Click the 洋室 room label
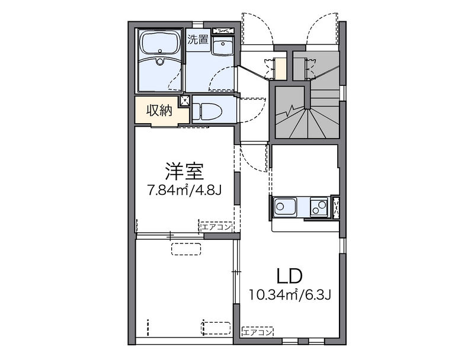point(184,171)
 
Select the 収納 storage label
point(160,110)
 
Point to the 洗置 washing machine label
point(198,40)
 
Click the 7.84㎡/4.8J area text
point(184,191)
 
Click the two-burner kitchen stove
point(320,207)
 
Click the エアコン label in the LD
point(258,332)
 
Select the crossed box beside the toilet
point(185,100)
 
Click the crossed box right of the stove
point(337,207)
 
